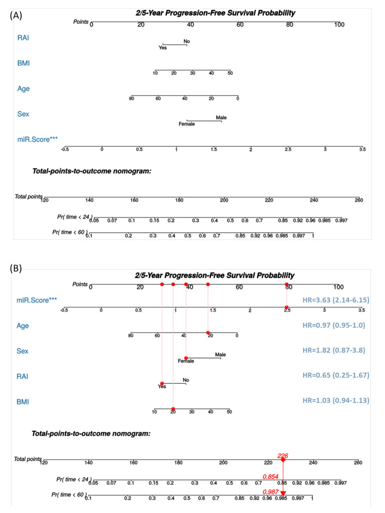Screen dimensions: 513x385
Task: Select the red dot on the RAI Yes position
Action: click(162, 383)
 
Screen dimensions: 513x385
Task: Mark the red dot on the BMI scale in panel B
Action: click(173, 409)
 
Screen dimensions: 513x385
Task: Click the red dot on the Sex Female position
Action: click(186, 358)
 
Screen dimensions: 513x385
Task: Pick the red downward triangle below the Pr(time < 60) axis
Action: click(283, 507)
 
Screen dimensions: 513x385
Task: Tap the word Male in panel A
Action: click(221, 118)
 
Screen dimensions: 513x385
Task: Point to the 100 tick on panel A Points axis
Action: click(339, 25)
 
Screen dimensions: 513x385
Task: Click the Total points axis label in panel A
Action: click(28, 196)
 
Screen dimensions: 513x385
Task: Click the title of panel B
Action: click(215, 275)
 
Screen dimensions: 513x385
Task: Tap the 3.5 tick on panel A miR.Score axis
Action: click(362, 149)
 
